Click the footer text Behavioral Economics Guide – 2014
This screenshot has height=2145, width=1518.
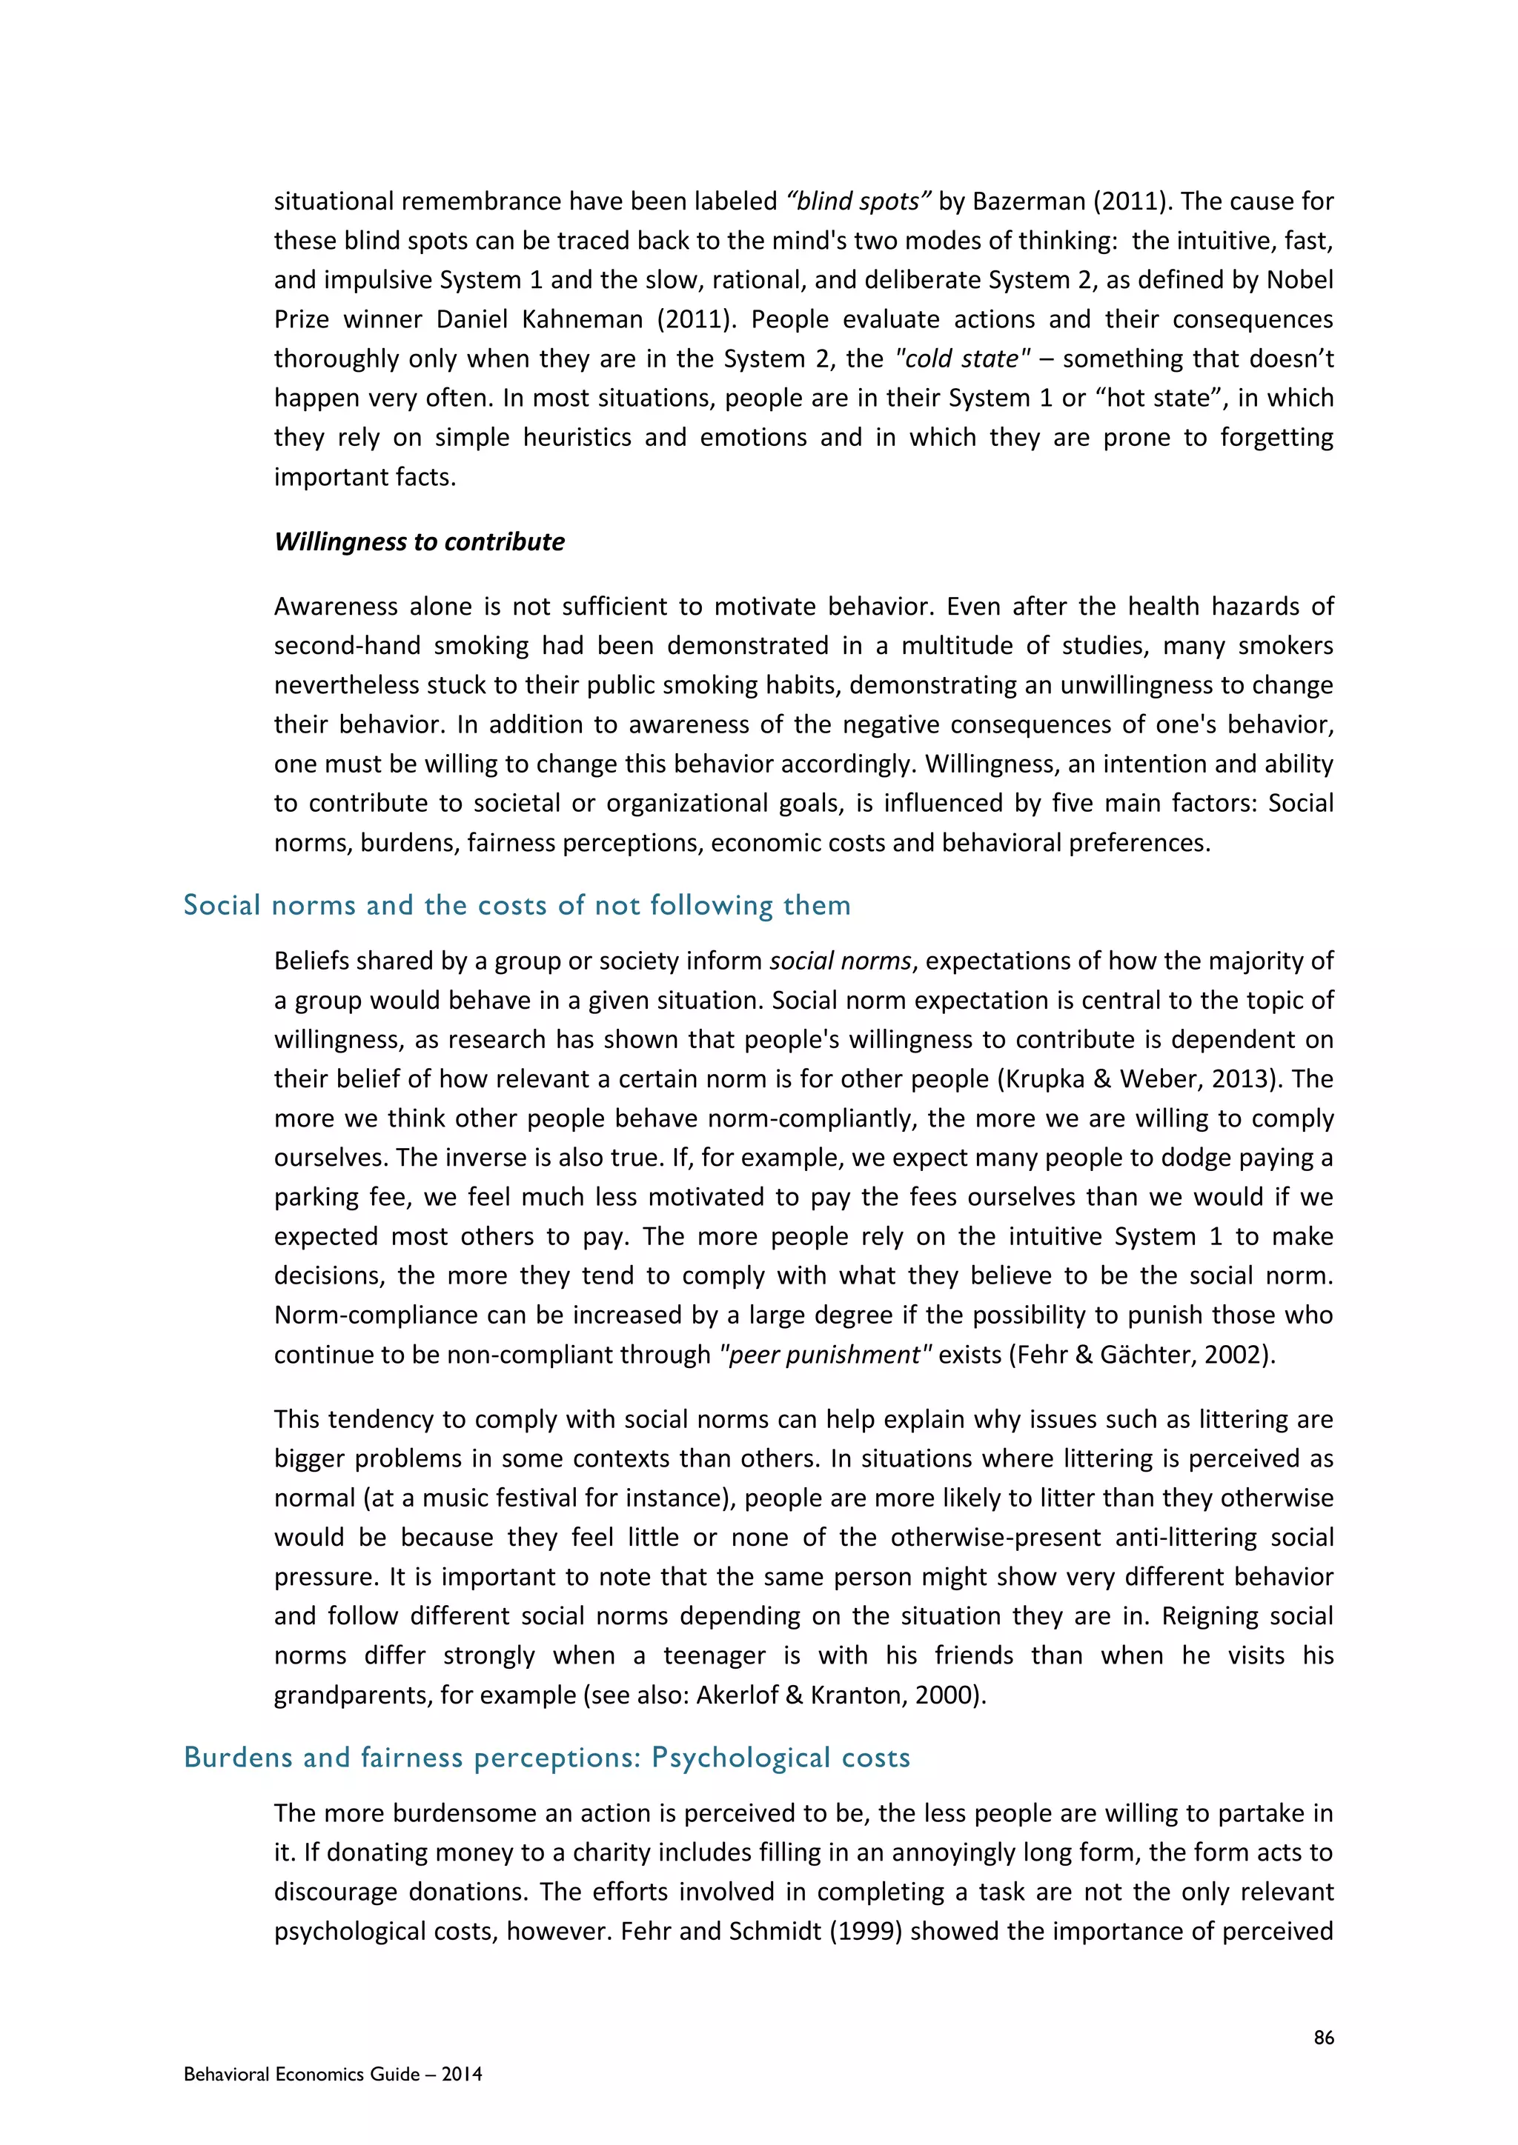point(333,2075)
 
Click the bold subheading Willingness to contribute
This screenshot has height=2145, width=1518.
point(419,542)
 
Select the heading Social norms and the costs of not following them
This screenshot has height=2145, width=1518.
point(517,904)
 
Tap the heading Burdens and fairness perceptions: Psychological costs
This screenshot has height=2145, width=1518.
point(547,1758)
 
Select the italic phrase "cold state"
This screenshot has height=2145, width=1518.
point(963,358)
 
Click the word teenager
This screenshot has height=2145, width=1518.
point(715,1655)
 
